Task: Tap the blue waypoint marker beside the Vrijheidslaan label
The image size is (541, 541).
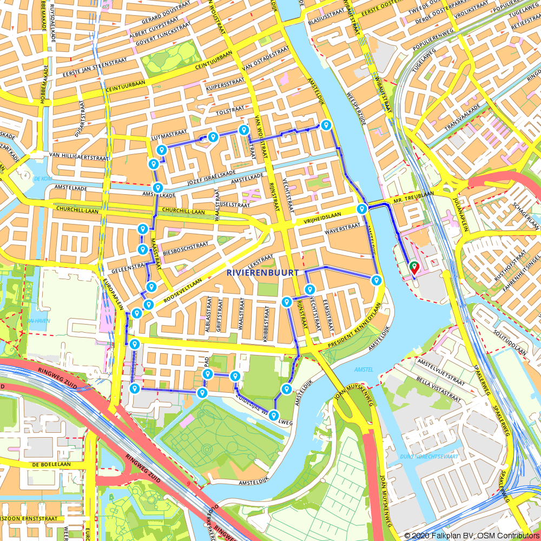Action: [362, 209]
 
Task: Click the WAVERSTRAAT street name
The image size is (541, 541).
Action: [342, 227]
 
